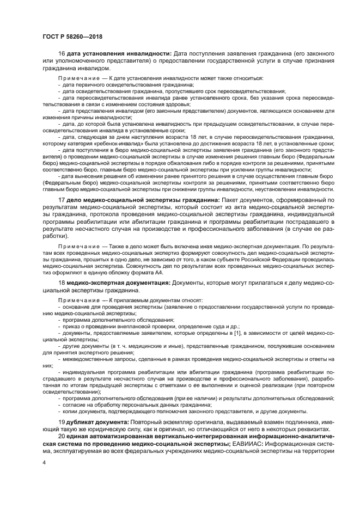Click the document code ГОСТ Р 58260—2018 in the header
click(72, 36)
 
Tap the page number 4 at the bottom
click(44, 462)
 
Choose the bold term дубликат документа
click(97, 424)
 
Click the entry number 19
click(62, 424)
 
